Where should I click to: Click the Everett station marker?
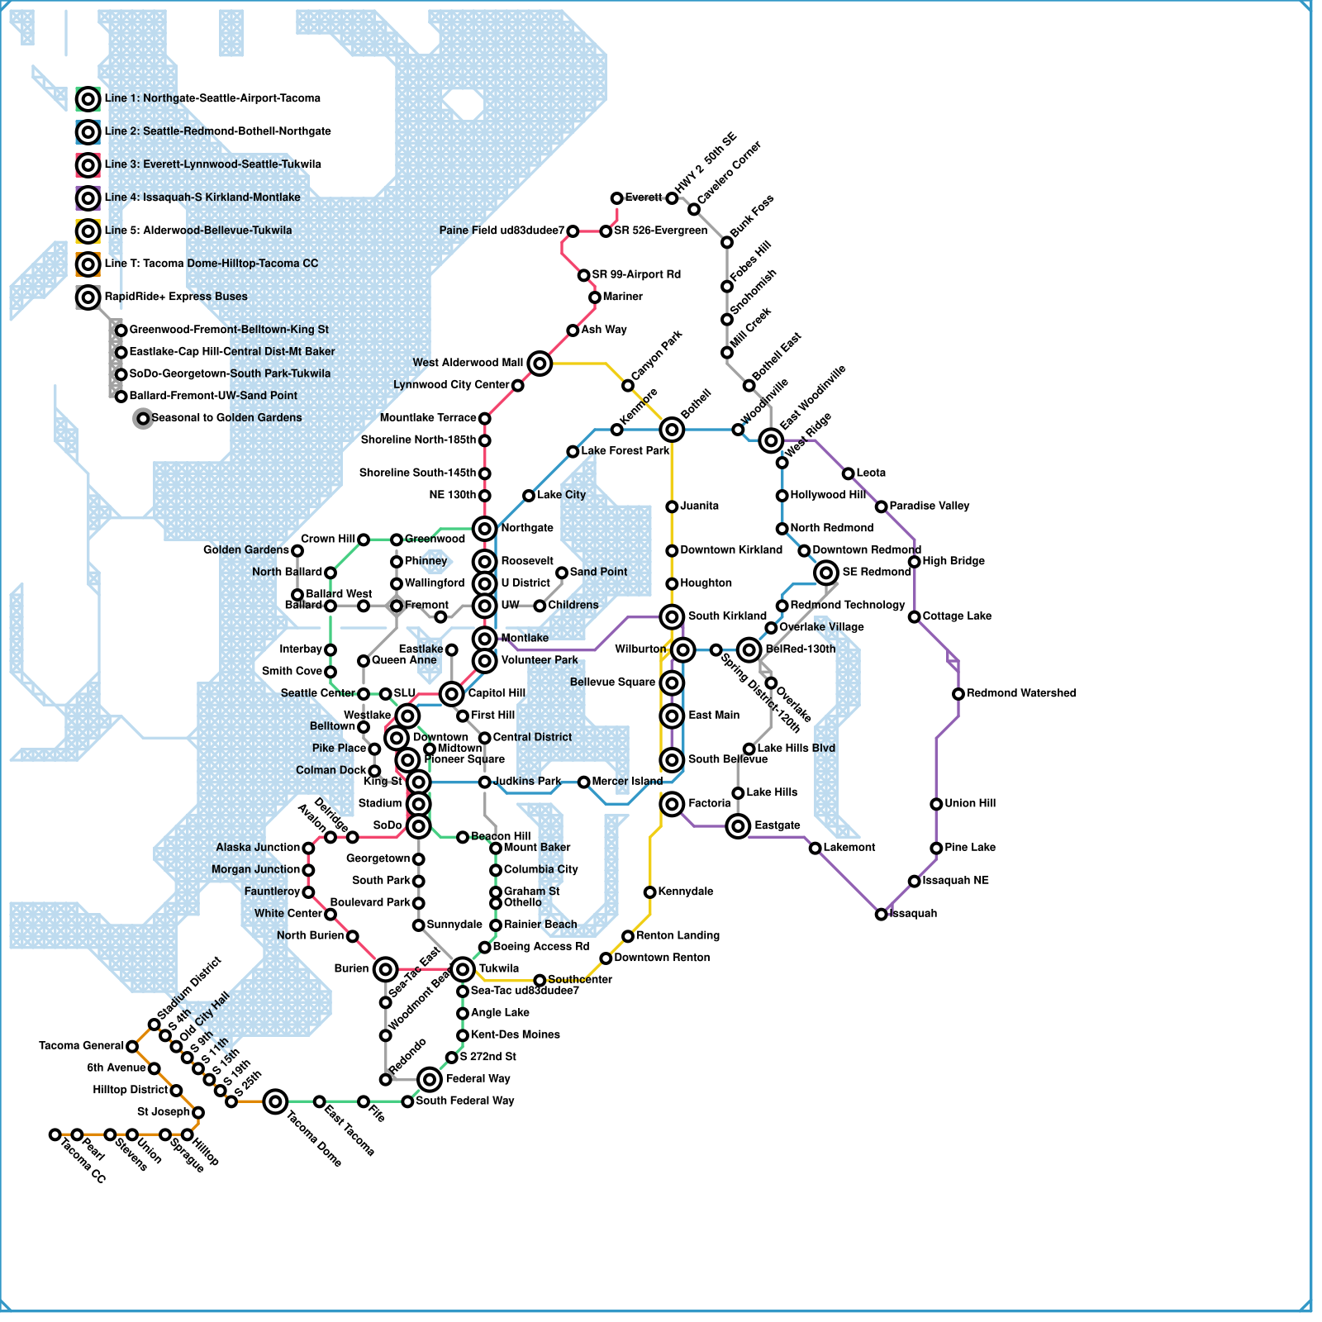tap(616, 198)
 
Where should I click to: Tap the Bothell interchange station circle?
tap(672, 429)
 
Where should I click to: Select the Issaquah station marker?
tap(881, 914)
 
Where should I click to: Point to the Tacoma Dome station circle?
tap(275, 1101)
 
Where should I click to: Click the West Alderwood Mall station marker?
tap(540, 363)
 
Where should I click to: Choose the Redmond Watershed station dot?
tap(958, 694)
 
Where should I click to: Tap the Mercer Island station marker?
tap(583, 782)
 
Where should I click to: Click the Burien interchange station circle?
tap(385, 969)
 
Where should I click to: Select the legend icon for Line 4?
tap(88, 198)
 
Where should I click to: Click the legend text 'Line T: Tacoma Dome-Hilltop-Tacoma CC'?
tap(211, 264)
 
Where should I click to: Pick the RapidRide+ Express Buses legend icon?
tap(88, 297)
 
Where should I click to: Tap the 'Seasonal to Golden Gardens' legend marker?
tap(143, 418)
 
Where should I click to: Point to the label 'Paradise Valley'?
tap(929, 506)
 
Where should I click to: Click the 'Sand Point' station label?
tap(598, 572)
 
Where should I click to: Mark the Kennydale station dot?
tap(649, 892)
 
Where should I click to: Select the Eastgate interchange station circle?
tap(738, 825)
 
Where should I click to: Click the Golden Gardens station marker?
tap(297, 550)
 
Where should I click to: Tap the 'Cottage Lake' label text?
tap(956, 616)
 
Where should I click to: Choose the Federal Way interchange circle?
tap(430, 1079)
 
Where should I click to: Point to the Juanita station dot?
tap(672, 506)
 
